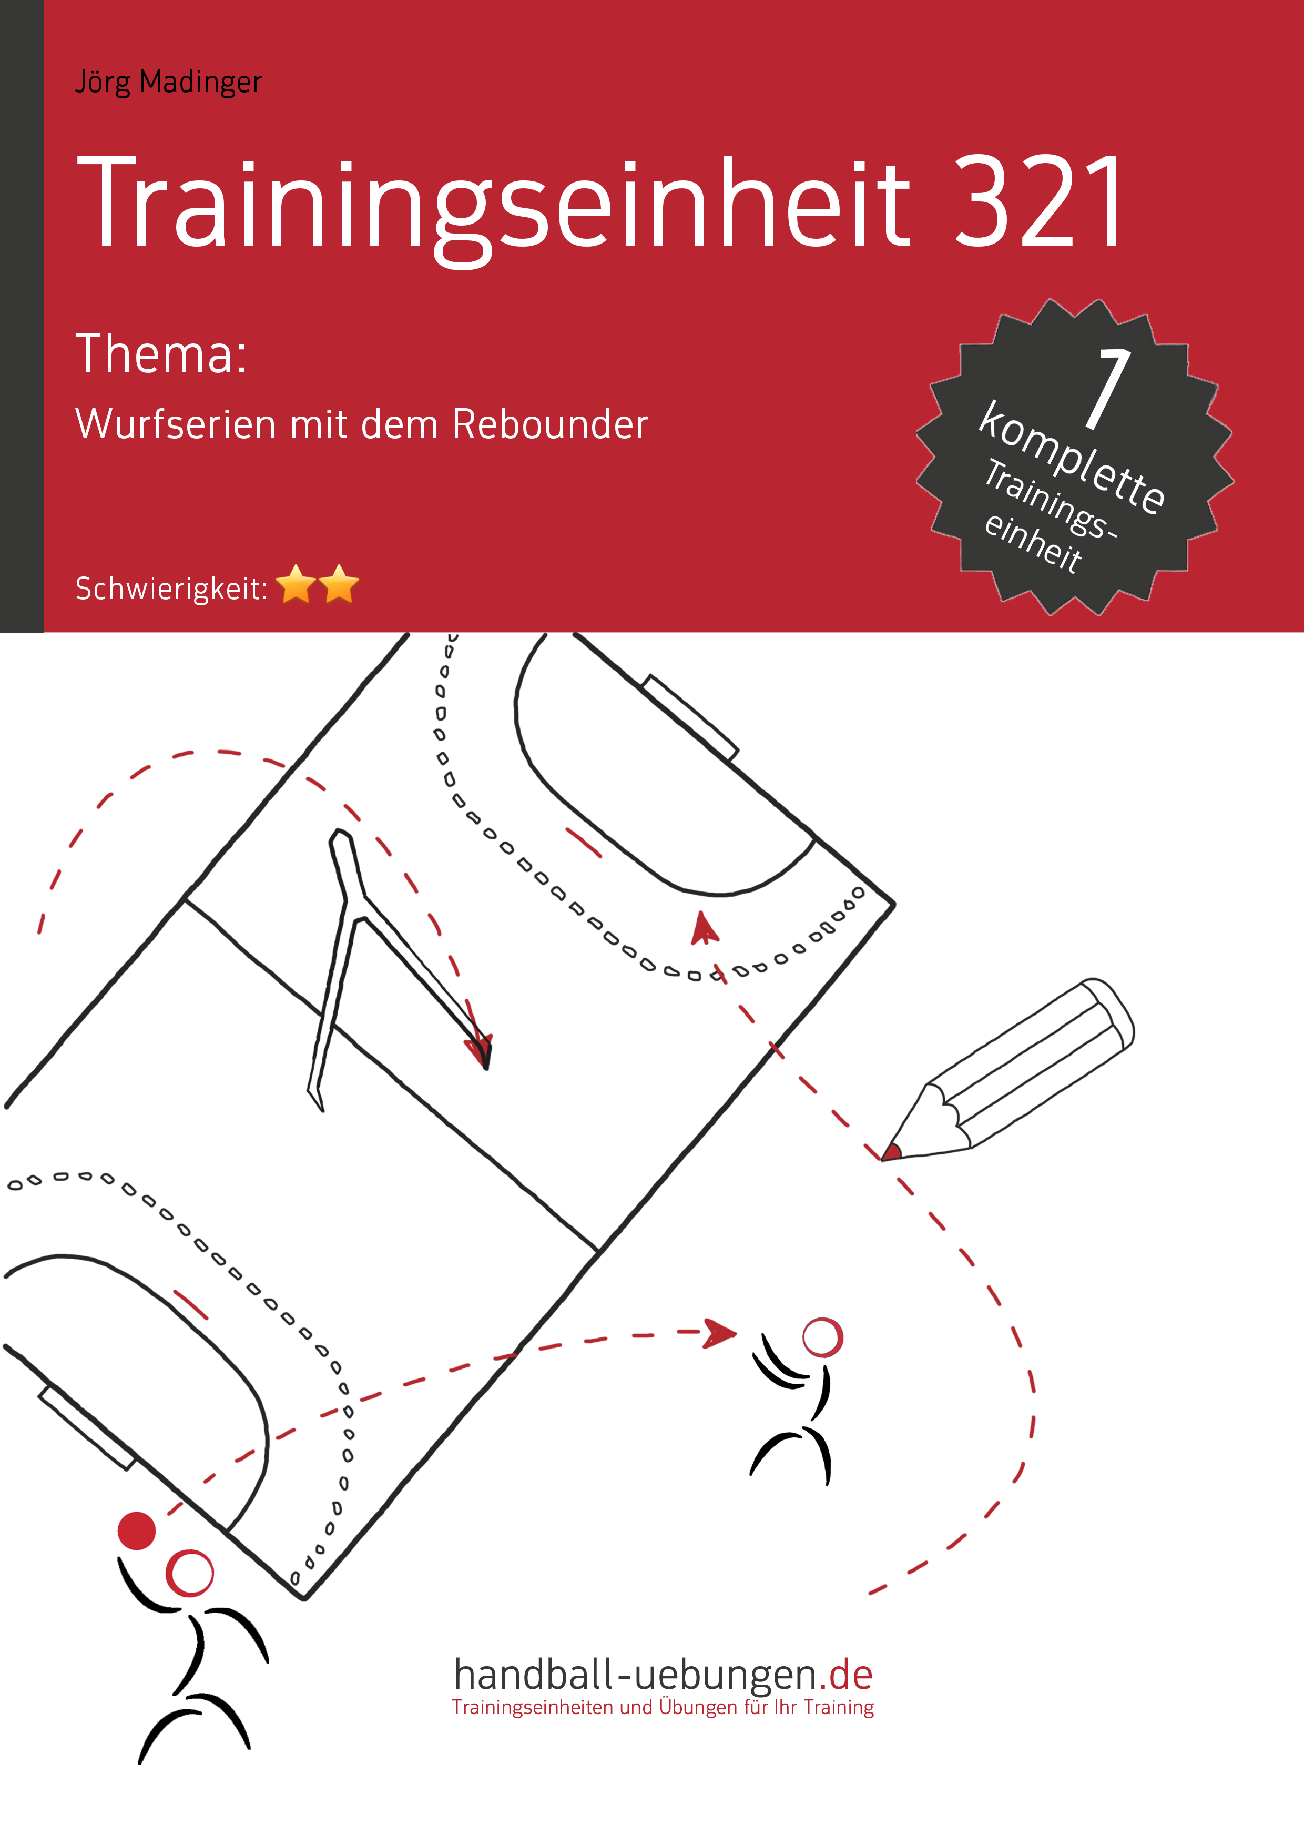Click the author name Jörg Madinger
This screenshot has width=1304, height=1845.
pyautogui.click(x=168, y=82)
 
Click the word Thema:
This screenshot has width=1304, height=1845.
pyautogui.click(x=161, y=354)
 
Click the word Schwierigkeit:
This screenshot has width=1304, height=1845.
pyautogui.click(x=171, y=589)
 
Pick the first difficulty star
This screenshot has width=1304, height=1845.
pyautogui.click(x=297, y=584)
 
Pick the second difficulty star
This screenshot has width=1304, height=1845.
pyautogui.click(x=339, y=584)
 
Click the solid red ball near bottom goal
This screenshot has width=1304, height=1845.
pyautogui.click(x=137, y=1531)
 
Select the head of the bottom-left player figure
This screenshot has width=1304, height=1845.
pyautogui.click(x=190, y=1574)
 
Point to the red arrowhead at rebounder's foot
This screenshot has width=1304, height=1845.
pyautogui.click(x=480, y=1049)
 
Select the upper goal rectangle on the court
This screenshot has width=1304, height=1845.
pyautogui.click(x=690, y=717)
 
